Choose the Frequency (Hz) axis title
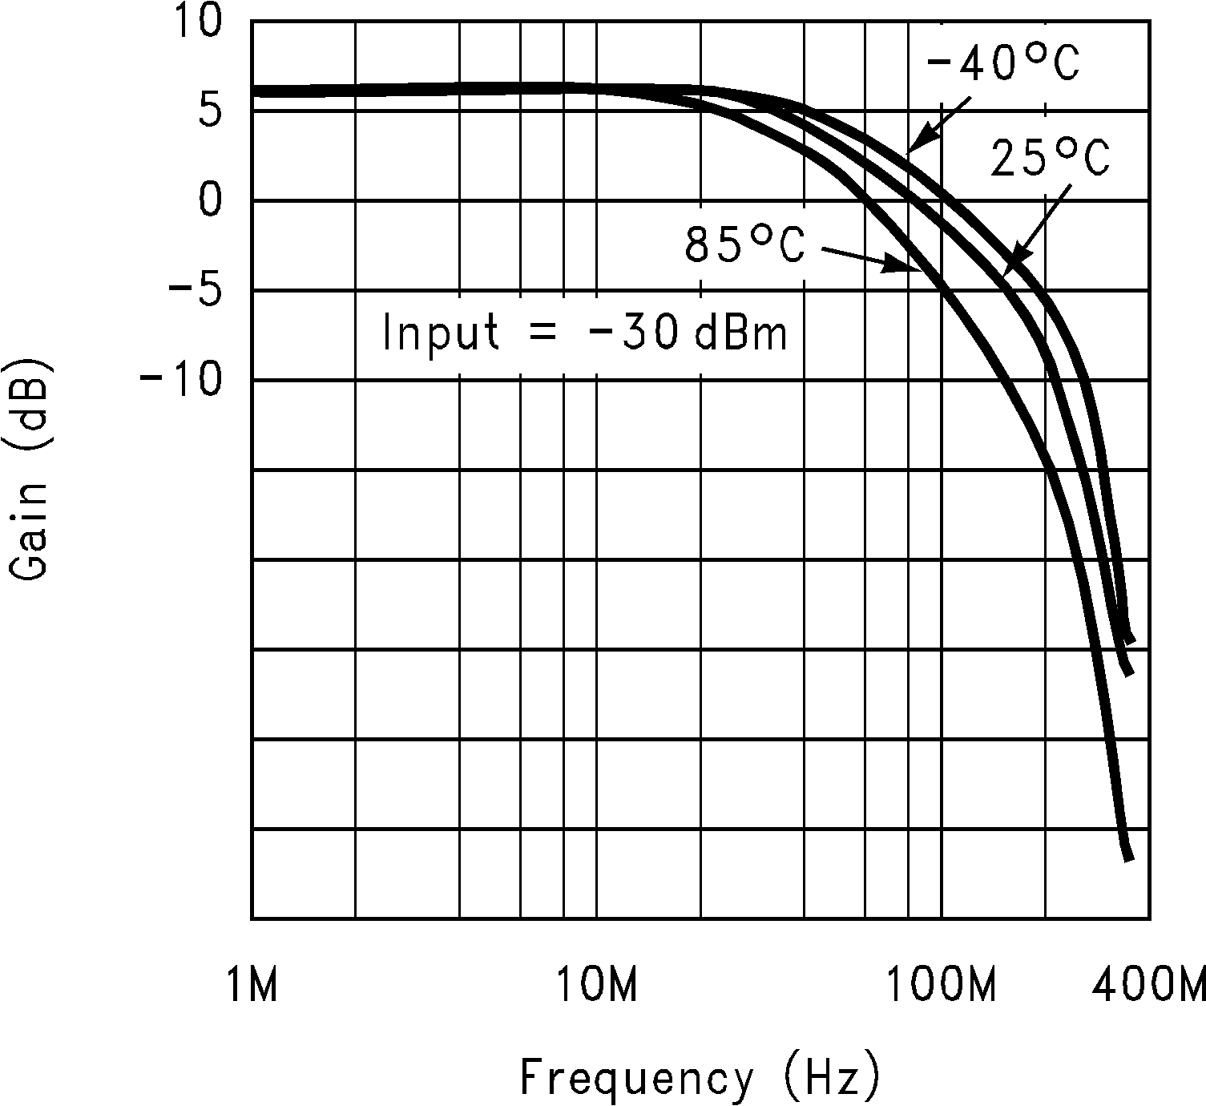coord(700,1077)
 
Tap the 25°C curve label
coord(1051,157)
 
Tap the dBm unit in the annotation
coord(741,333)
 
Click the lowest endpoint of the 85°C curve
coord(1128,858)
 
